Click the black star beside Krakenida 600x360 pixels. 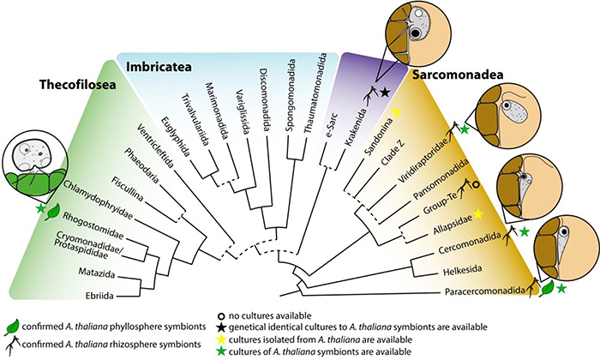pyautogui.click(x=385, y=91)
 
